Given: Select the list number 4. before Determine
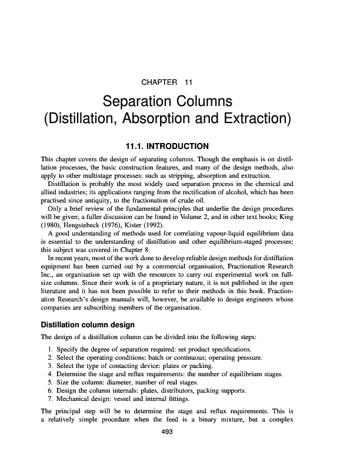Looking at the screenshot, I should tap(49, 373).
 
